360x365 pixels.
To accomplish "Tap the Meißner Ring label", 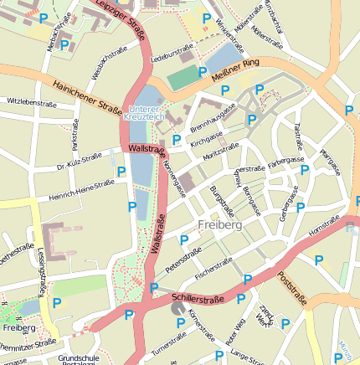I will [236, 68].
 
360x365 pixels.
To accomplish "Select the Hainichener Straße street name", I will [87, 95].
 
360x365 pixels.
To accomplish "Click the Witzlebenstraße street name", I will [30, 101].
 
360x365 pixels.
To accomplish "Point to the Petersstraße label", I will [186, 260].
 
